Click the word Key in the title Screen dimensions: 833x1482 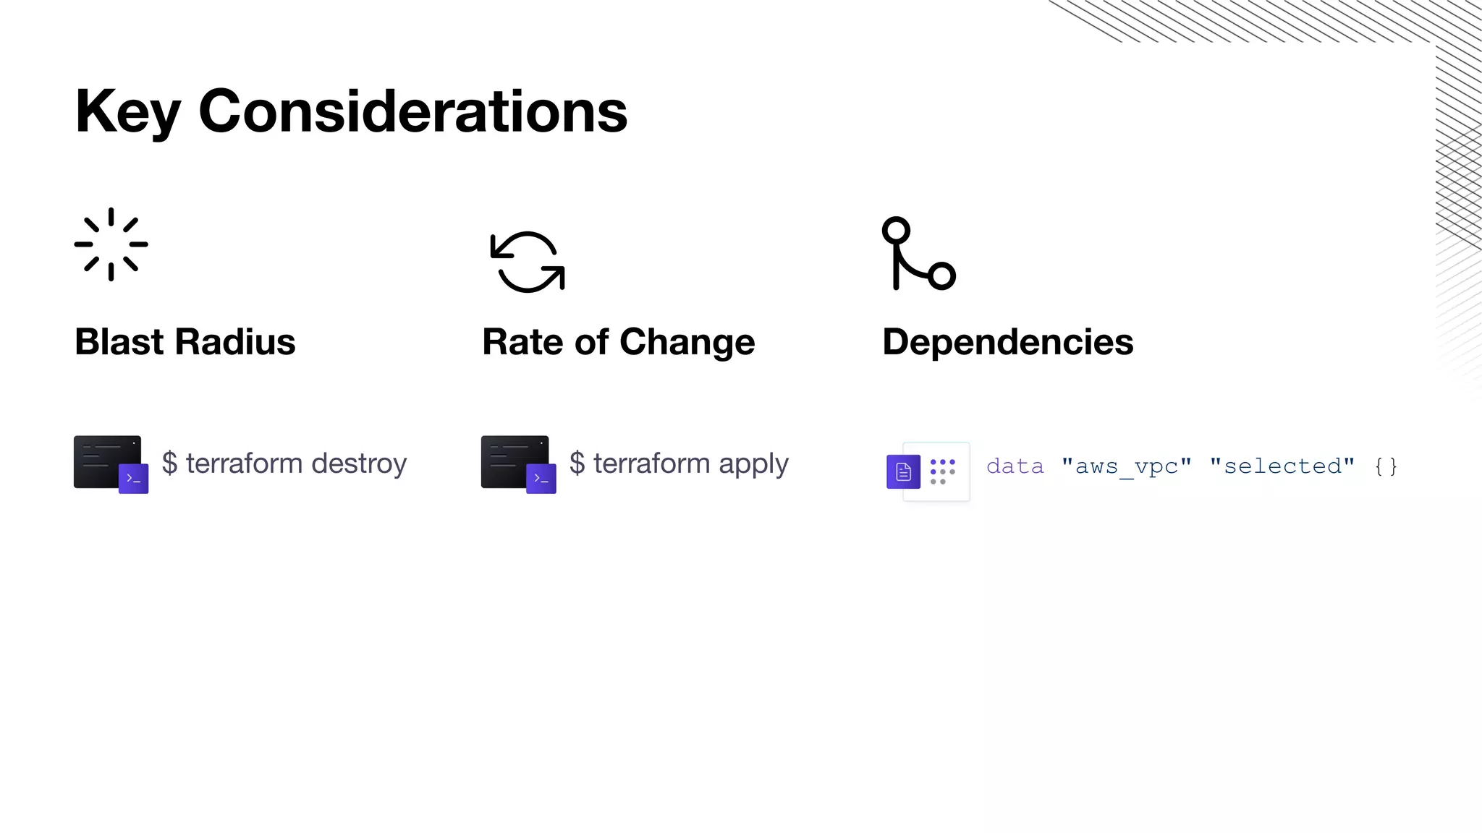127,112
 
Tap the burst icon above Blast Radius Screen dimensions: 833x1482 111,244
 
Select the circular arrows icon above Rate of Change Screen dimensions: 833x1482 528,262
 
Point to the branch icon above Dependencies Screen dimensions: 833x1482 918,253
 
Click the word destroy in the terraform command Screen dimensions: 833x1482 359,464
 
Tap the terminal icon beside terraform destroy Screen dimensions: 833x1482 111,464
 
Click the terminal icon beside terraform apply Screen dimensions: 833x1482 518,464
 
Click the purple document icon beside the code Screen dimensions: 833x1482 903,471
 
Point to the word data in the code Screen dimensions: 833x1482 1015,466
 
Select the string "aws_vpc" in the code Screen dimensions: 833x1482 1126,466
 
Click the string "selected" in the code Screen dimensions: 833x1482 1282,466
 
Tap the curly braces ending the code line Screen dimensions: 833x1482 1386,466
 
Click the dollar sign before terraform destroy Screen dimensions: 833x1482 169,464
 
